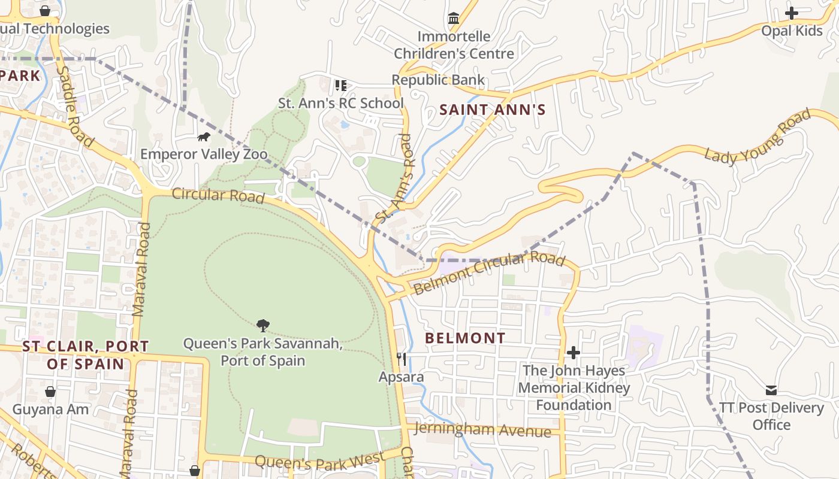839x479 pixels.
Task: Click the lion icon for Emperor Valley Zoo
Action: (x=204, y=137)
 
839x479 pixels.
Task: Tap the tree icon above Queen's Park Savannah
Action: (x=262, y=326)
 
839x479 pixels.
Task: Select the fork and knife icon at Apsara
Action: (x=402, y=359)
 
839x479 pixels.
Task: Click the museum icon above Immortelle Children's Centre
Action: (x=454, y=19)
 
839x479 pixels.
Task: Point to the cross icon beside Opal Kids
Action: (x=792, y=13)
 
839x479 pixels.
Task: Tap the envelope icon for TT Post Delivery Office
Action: (x=771, y=390)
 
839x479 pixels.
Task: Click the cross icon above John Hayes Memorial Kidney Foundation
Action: (x=574, y=353)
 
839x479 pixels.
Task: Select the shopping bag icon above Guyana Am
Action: (x=50, y=392)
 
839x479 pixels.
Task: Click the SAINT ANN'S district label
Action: (x=493, y=110)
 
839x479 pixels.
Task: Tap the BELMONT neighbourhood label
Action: (x=466, y=338)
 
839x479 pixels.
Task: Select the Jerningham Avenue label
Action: (x=482, y=429)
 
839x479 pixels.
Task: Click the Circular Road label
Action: (x=218, y=195)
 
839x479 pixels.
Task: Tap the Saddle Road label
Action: (x=75, y=107)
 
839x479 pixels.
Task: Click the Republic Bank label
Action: (x=438, y=80)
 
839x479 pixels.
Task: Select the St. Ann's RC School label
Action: (x=341, y=103)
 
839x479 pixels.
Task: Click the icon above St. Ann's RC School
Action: (x=341, y=86)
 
